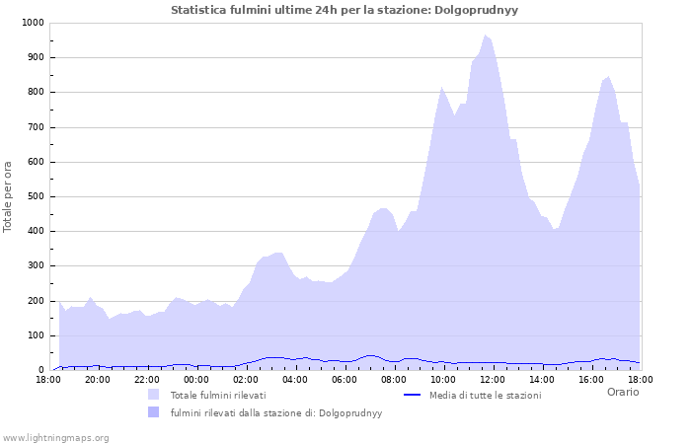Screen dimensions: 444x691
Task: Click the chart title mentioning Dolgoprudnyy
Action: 345,10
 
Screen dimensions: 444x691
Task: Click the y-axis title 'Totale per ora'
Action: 9,196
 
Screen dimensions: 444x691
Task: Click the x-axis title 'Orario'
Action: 622,392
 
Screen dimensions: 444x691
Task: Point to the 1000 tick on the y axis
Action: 32,23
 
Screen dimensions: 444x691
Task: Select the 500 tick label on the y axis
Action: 35,196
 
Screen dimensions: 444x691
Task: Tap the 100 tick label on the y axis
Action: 35,335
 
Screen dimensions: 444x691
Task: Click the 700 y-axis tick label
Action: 35,127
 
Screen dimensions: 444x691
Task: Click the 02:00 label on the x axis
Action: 246,379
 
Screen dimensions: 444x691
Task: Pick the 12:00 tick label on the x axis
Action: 493,379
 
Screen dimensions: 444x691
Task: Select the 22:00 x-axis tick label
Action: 147,379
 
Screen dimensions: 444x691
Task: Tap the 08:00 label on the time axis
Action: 394,379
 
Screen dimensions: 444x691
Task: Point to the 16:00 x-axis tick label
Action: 591,379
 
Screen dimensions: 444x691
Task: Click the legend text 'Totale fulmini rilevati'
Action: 218,396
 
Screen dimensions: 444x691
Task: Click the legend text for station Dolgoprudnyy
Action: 275,413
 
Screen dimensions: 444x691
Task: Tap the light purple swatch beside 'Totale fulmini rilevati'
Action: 153,395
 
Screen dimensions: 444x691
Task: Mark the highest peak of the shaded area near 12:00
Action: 485,36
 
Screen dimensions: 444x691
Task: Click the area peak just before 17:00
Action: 608,77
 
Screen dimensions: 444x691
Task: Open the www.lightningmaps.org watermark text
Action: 55,437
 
